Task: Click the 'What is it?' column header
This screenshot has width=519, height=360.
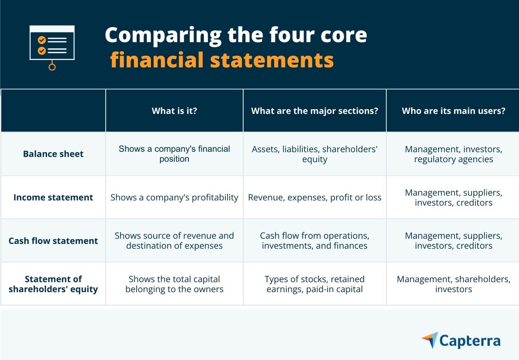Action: point(174,111)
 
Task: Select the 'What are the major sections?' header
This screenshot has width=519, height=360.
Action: point(315,111)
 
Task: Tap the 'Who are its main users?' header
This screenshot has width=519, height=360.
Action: point(453,111)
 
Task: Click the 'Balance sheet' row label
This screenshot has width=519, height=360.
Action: point(53,154)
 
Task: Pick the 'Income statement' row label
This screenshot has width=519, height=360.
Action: point(53,197)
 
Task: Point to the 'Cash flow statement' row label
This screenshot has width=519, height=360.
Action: point(53,241)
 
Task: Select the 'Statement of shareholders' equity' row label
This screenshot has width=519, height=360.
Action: point(53,284)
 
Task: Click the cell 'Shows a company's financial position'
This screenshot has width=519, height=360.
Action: point(174,154)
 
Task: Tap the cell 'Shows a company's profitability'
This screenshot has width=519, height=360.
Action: point(174,197)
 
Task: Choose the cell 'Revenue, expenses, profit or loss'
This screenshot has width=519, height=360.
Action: point(315,197)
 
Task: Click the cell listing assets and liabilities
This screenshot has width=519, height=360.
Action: point(315,154)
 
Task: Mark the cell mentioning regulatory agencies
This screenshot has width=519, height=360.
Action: point(453,154)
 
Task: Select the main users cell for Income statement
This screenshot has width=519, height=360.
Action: point(453,197)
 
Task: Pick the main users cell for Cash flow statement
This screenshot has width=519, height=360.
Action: point(453,241)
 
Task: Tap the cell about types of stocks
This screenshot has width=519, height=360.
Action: point(315,284)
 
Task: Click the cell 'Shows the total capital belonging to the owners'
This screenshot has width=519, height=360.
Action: point(174,284)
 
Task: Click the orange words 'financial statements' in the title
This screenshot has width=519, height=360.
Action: point(222,60)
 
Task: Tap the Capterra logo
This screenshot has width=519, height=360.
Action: point(461,340)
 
